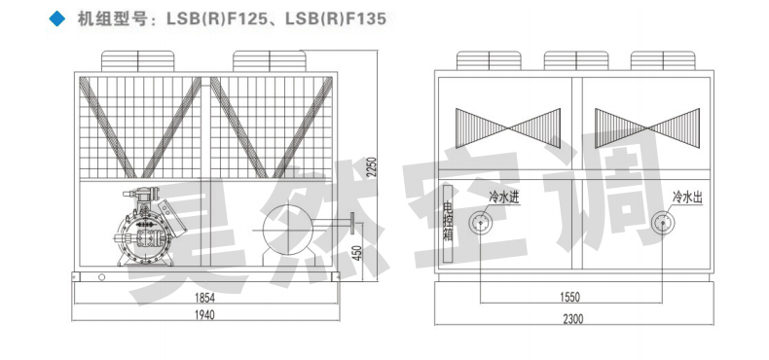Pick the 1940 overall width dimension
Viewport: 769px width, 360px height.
pos(204,315)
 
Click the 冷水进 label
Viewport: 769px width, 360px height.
pos(506,198)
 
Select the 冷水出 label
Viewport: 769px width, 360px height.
pos(687,198)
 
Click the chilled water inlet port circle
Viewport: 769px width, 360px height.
pos(480,223)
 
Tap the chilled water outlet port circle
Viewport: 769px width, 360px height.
pos(663,223)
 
